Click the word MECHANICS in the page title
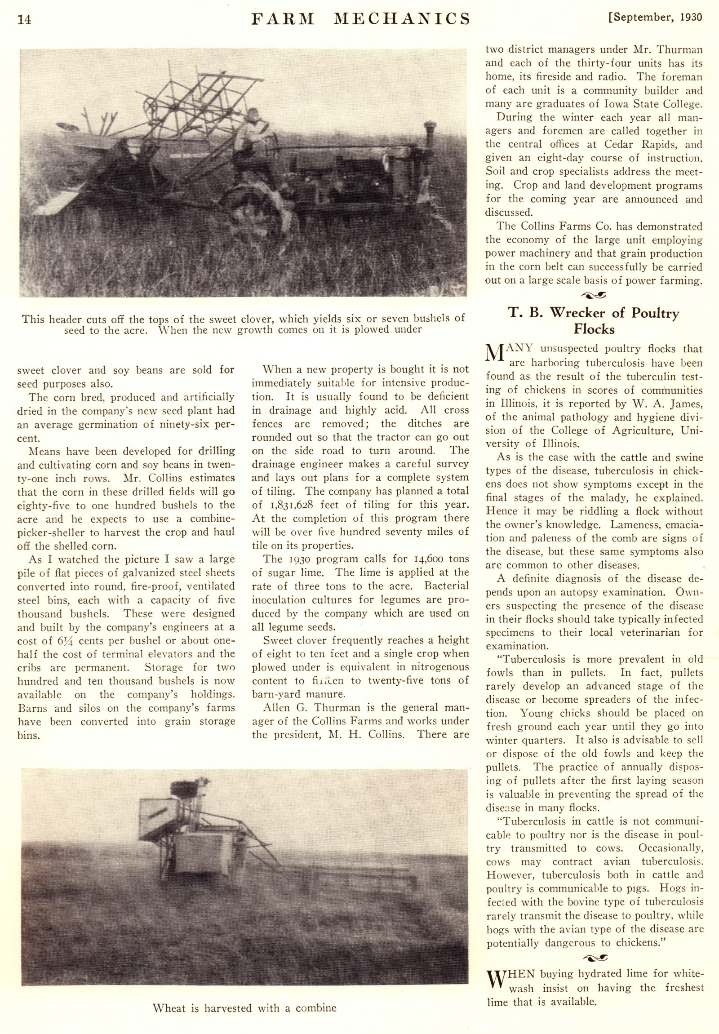point(403,19)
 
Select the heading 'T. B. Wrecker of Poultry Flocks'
point(594,321)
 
